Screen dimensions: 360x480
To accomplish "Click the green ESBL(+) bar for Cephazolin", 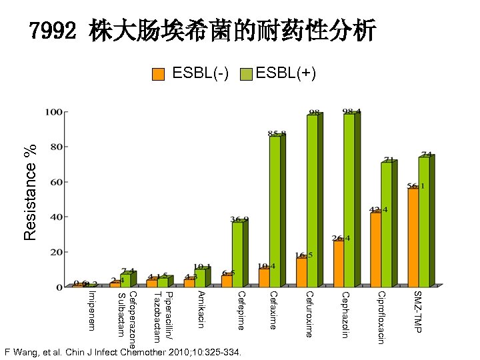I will pyautogui.click(x=349, y=200).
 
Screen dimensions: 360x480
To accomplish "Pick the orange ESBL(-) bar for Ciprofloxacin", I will pyautogui.click(x=376, y=249).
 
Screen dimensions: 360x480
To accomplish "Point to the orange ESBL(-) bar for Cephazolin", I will pyautogui.click(x=339, y=263).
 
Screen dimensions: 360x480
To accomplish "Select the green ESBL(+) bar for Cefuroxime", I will pyautogui.click(x=312, y=201).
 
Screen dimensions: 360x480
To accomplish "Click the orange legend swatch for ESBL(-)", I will pyautogui.click(x=158, y=74).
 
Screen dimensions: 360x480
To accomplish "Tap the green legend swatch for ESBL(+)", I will pyautogui.click(x=246, y=74).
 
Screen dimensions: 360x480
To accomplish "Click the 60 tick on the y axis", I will pyautogui.click(x=56, y=182).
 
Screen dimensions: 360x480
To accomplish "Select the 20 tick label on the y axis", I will pyautogui.click(x=56, y=253).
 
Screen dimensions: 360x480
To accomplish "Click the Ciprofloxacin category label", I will pyautogui.click(x=381, y=317).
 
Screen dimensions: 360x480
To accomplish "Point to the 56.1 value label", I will pyautogui.click(x=417, y=186).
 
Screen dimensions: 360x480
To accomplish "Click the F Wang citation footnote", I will pyautogui.click(x=123, y=351).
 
